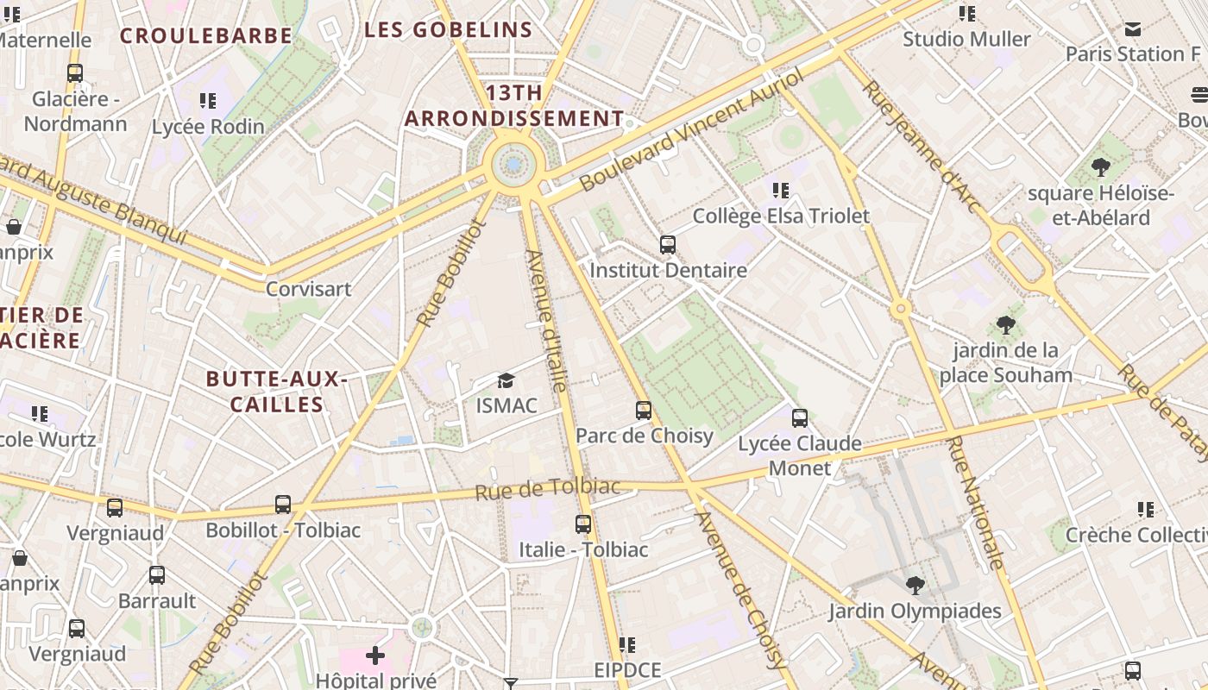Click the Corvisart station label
point(308,289)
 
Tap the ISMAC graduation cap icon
point(506,380)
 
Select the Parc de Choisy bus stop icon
point(644,411)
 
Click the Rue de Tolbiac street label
point(547,489)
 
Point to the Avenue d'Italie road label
point(546,321)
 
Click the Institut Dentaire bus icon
point(667,245)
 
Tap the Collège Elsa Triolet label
point(781,216)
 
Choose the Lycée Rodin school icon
point(207,101)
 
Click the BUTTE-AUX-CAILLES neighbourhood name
point(276,392)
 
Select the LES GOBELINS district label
point(448,30)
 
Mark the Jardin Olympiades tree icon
point(915,586)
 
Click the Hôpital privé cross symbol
point(375,656)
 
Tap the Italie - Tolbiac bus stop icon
point(583,524)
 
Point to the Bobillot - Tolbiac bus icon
point(283,505)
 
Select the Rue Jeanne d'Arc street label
point(922,147)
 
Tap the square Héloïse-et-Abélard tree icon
point(1100,167)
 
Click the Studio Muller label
point(966,40)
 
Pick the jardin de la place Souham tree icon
point(1005,325)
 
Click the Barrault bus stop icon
point(157,575)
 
